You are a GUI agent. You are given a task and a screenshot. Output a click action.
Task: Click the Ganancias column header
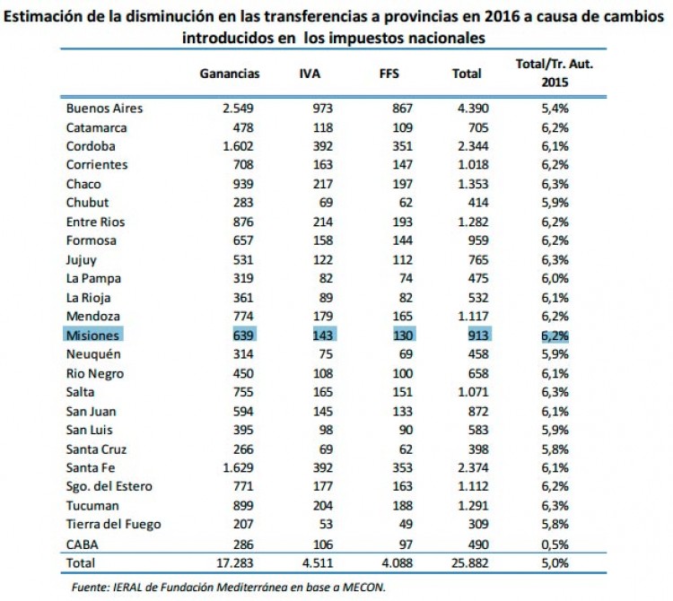229,74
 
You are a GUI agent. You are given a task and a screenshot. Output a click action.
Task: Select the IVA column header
310,74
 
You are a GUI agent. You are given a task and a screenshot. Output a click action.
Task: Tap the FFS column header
390,74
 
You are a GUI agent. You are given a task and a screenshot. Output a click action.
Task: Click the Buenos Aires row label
104,109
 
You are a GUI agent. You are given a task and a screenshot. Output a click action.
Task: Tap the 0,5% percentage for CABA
554,543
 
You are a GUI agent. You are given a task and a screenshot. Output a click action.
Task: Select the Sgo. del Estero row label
109,486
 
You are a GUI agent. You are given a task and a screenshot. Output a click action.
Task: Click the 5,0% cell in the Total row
554,562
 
